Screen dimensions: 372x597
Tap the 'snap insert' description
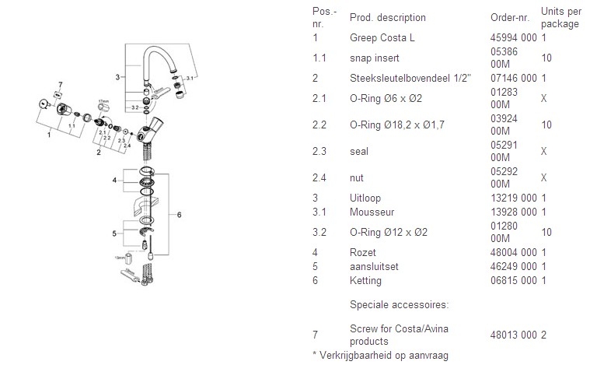(x=374, y=58)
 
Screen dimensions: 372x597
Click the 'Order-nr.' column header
(x=509, y=18)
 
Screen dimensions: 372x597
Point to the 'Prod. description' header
(x=387, y=18)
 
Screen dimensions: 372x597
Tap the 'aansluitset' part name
(x=374, y=266)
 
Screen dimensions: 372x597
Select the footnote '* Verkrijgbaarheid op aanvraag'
(x=380, y=356)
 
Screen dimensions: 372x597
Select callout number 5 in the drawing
(x=114, y=232)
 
